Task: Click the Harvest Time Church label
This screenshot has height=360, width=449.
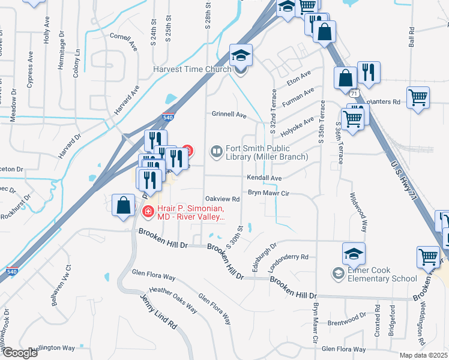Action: [x=192, y=69]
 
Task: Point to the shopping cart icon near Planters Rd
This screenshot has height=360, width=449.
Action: [x=418, y=97]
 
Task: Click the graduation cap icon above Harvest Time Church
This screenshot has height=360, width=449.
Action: [x=241, y=56]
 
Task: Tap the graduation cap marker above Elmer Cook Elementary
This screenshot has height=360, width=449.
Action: [x=354, y=253]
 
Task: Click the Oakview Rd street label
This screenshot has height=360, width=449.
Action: [x=223, y=199]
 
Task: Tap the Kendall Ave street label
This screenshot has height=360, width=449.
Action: [x=264, y=178]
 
